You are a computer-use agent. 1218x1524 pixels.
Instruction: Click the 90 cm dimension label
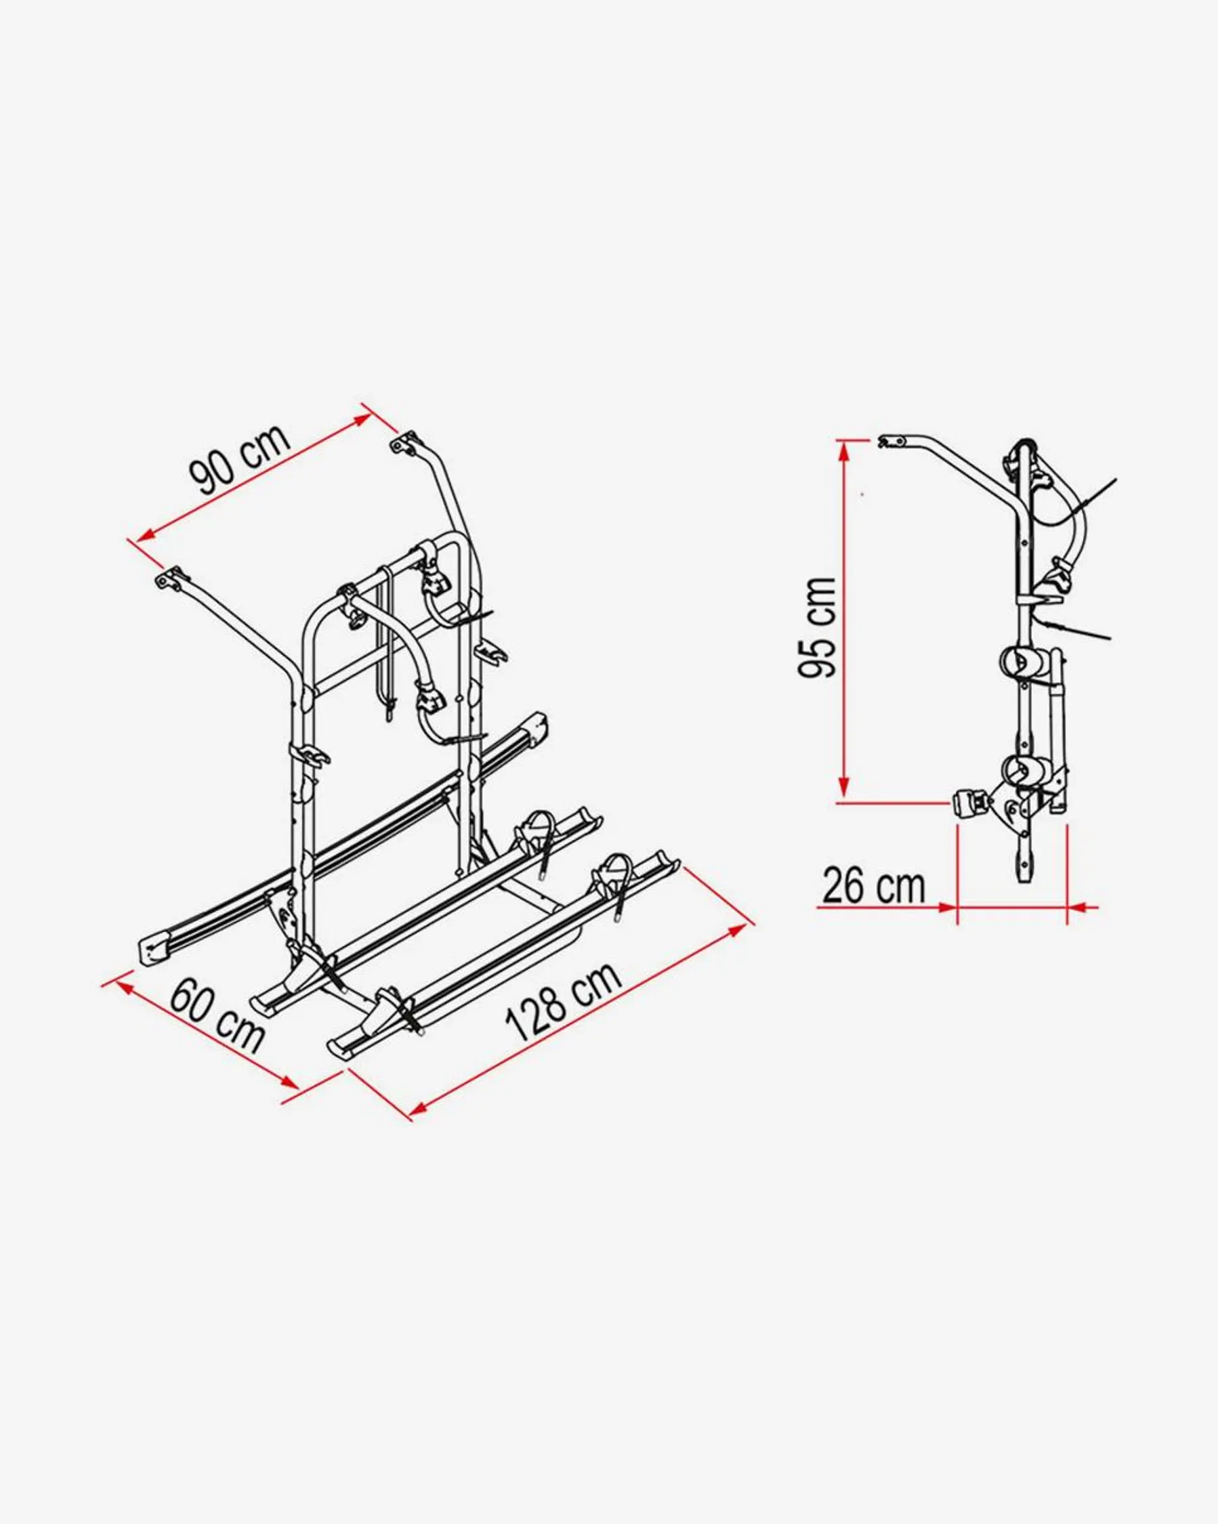tap(240, 459)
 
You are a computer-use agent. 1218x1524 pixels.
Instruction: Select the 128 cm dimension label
tap(563, 1000)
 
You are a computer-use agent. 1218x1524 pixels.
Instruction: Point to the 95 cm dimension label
tap(817, 627)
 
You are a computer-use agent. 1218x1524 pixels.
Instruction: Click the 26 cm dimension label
tap(873, 887)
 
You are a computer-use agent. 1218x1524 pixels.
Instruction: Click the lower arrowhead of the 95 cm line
tap(843, 788)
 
